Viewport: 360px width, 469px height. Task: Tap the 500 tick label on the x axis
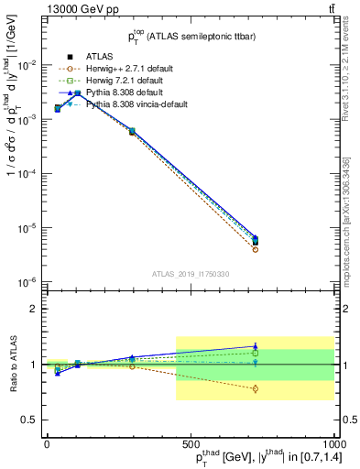point(190,442)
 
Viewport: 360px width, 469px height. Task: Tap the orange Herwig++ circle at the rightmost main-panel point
point(255,249)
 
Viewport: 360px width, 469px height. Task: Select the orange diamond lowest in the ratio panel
point(255,389)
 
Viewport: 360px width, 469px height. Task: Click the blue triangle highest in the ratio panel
point(255,346)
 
